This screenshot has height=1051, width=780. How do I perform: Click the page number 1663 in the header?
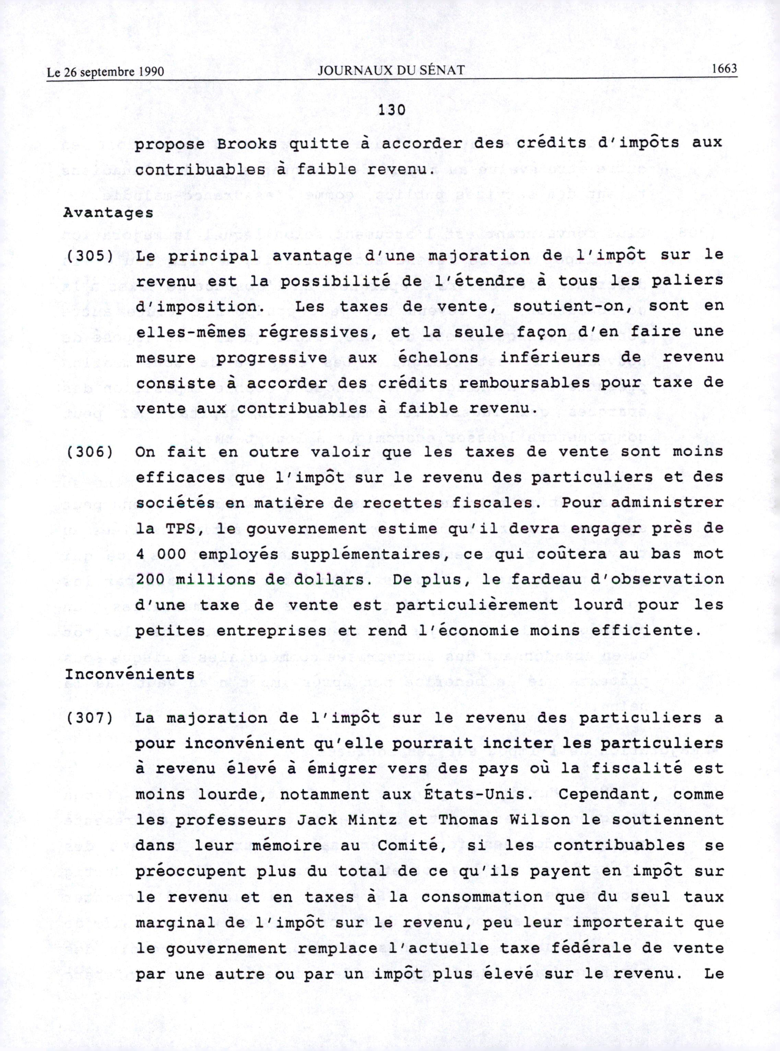click(x=724, y=69)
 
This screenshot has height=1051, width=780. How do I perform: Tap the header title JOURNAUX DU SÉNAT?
click(x=391, y=70)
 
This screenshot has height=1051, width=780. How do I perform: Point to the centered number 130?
click(x=391, y=110)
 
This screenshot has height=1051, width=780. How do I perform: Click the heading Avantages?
click(x=108, y=213)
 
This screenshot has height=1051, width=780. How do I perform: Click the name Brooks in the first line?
click(x=247, y=144)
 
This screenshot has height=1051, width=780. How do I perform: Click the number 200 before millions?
click(x=150, y=580)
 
